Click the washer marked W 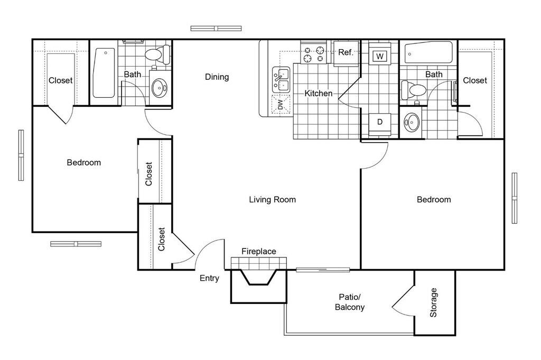pos(379,54)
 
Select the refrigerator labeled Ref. pos(346,53)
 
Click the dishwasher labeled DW pos(281,105)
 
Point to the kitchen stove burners pos(314,53)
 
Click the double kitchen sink pos(281,80)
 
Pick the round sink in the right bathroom pos(411,122)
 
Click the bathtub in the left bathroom pos(104,73)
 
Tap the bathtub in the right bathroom pos(428,53)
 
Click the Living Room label pos(272,199)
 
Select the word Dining pos(217,77)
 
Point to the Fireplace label pos(259,251)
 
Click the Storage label pos(433,303)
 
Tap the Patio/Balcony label pos(350,302)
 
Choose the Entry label pos(209,278)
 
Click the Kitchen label pos(319,93)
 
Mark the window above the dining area pos(216,29)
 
